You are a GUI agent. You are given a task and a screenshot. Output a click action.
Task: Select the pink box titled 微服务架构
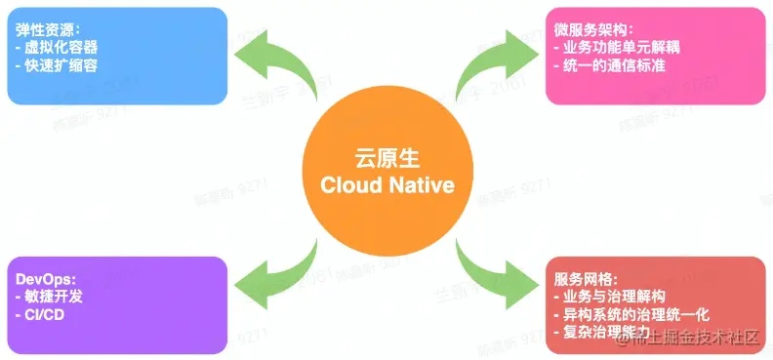coord(656,56)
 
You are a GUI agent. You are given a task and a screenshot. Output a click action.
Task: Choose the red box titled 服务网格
coord(656,303)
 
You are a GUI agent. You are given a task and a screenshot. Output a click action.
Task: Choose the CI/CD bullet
coord(45,314)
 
